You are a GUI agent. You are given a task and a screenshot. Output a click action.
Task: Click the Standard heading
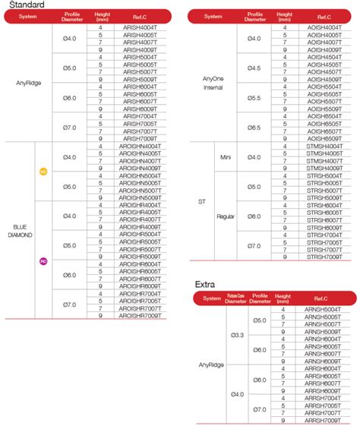23,5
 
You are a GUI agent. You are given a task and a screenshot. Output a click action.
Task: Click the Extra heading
205,285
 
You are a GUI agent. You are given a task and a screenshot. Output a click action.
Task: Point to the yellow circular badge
43,172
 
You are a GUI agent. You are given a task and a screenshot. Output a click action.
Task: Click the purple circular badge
43,261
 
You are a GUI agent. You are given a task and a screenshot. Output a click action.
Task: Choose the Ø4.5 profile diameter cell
254,68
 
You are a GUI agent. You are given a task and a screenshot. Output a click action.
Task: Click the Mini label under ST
225,156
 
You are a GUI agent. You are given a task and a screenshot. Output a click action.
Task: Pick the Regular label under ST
225,216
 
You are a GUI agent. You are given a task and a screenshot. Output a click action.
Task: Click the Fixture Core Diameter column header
236,298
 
